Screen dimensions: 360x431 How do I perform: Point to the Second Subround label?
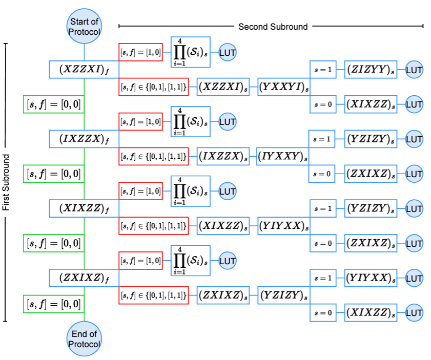(273, 26)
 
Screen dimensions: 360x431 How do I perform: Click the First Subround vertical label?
(6, 182)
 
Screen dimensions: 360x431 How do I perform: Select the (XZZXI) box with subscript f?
(84, 69)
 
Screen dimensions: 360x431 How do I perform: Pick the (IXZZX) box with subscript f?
(84, 138)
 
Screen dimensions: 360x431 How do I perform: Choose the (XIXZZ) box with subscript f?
(84, 208)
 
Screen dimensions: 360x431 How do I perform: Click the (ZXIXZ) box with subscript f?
(84, 278)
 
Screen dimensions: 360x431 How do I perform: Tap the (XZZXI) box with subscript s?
(223, 87)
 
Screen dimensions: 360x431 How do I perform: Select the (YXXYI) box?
(284, 87)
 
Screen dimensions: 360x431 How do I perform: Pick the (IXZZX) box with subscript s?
(223, 156)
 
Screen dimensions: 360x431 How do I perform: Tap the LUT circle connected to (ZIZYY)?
(414, 69)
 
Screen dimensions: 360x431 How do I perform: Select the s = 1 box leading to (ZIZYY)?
(323, 69)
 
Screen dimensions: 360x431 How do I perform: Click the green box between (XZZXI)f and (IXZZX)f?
(54, 104)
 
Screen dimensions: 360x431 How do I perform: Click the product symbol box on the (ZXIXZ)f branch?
(191, 261)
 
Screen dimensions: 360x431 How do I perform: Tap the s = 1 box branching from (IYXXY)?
(323, 139)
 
